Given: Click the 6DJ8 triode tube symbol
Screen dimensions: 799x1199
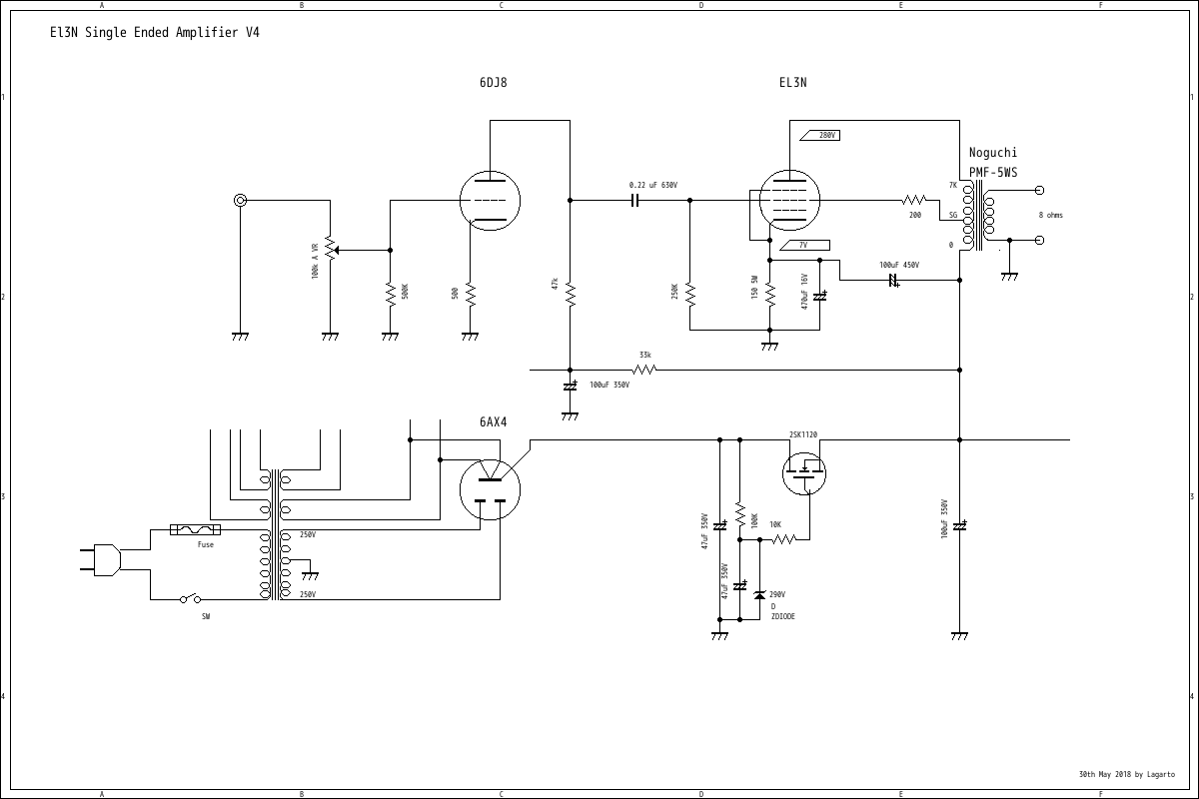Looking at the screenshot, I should (490, 201).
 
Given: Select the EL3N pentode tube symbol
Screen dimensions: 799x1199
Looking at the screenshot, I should (789, 200).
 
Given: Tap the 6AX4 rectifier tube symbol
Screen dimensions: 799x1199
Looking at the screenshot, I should (490, 489).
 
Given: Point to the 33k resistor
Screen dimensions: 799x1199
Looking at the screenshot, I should (645, 370).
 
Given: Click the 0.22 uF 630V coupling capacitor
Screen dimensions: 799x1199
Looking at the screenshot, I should (633, 200).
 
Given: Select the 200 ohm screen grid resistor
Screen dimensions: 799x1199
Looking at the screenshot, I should (914, 200).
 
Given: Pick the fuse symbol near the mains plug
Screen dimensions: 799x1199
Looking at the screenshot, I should (196, 529).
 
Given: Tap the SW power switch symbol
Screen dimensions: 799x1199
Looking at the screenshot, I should (190, 599).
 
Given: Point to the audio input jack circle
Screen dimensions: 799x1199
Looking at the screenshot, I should (240, 200).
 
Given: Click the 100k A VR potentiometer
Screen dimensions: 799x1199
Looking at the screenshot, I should (330, 250).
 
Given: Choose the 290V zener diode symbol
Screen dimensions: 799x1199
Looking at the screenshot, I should (759, 596).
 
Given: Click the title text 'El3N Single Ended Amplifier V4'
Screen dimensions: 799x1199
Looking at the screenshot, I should (155, 32).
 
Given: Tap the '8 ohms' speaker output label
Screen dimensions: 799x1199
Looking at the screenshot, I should (1050, 215).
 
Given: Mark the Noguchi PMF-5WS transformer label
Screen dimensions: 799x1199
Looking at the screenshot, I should (993, 163).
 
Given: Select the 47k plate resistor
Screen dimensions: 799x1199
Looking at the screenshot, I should (570, 294).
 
